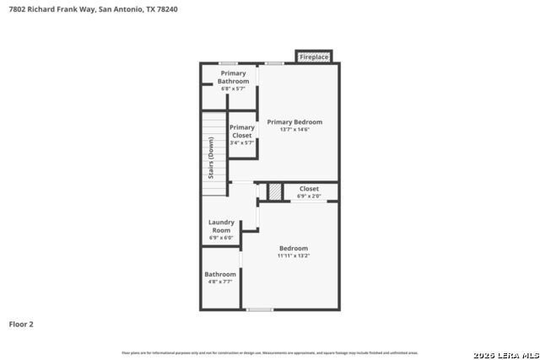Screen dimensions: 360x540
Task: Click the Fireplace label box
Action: (314, 57)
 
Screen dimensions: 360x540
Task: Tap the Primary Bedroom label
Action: (294, 122)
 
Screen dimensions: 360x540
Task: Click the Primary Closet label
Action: (241, 132)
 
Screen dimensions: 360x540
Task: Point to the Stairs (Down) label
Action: (211, 158)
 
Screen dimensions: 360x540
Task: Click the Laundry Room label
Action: (221, 226)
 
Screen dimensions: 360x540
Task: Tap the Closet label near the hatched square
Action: (309, 189)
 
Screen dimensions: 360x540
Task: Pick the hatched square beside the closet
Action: (274, 192)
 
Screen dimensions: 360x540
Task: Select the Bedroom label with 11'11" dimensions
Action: (294, 248)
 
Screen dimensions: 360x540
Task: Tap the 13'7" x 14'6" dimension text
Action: (294, 130)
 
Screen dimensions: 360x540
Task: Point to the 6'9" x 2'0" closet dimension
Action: (309, 196)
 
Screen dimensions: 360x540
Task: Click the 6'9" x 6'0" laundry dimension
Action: (221, 238)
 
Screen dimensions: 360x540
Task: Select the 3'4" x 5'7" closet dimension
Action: (241, 142)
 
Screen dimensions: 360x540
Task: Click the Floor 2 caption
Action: (21, 324)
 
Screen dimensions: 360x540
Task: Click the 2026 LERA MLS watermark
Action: (505, 353)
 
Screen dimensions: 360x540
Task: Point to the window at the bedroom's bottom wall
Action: (260, 309)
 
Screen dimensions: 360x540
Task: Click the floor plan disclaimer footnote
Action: (270, 352)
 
